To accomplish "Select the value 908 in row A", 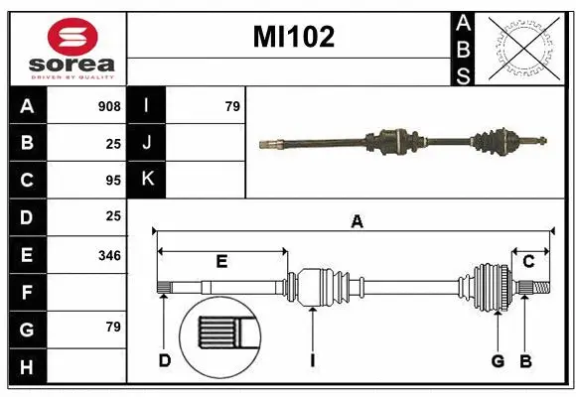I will (x=109, y=106).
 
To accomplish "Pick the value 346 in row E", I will (x=109, y=256).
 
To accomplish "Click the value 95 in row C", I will (x=112, y=181).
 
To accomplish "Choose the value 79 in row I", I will (x=232, y=106).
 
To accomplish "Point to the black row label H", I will (x=27, y=367).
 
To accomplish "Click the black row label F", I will (x=27, y=293).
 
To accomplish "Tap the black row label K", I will (x=148, y=181).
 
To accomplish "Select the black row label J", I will (x=148, y=143).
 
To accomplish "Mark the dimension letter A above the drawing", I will (x=357, y=222).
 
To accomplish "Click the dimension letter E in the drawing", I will (x=221, y=262).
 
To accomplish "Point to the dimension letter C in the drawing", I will (x=529, y=262).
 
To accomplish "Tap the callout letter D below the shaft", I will (x=164, y=360).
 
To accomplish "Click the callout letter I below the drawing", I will (x=312, y=360).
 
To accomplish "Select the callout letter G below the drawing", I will (x=498, y=360).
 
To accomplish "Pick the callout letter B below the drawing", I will (x=526, y=360).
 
